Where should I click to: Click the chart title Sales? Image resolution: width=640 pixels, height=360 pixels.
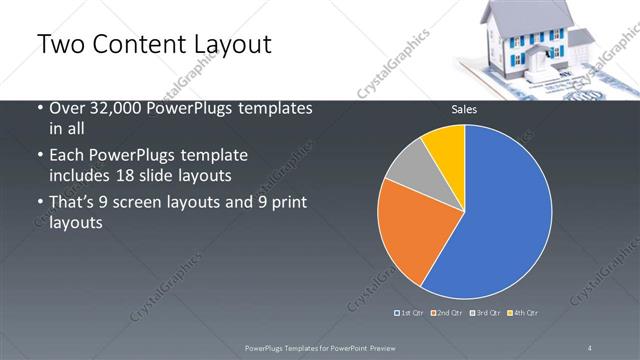pos(463,109)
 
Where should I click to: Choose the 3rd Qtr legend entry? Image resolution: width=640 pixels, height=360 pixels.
pos(487,313)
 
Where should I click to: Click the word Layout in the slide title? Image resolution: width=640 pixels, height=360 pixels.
pos(229,45)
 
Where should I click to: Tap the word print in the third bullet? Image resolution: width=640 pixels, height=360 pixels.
pos(286,203)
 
